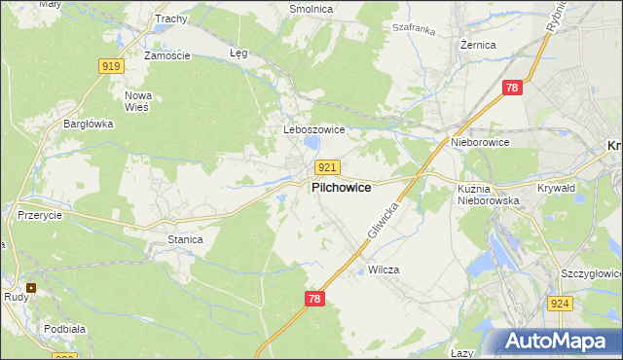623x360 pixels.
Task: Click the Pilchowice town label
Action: click(340, 188)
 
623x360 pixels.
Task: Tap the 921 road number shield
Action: click(328, 168)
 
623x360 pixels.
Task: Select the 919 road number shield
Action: click(111, 66)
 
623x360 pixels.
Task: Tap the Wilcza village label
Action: click(385, 269)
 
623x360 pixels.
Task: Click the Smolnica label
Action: click(311, 9)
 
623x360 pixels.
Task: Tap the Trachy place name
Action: click(170, 18)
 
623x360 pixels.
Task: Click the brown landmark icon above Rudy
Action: click(32, 287)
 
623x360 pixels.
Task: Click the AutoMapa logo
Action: click(556, 341)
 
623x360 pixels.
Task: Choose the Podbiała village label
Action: click(63, 329)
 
